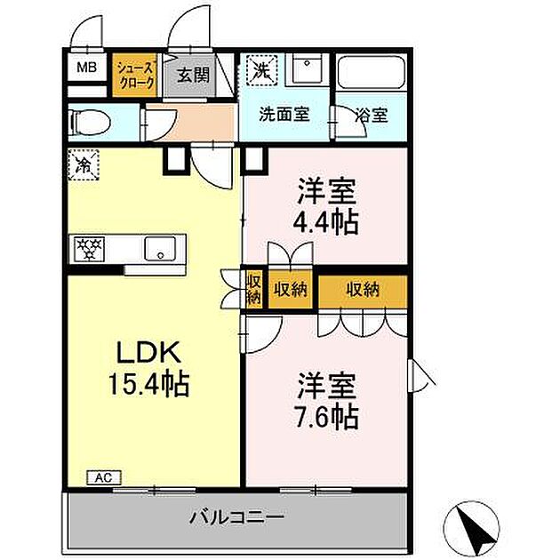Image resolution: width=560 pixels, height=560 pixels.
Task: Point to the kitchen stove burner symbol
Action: (89, 247)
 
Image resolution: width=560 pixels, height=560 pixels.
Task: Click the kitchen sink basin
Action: (160, 248)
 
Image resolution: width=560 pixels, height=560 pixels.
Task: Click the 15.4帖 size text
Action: (150, 384)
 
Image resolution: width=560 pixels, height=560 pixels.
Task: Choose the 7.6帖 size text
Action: (327, 416)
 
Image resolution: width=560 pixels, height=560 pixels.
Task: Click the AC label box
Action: (102, 477)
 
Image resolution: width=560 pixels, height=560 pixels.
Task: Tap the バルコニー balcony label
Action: (236, 515)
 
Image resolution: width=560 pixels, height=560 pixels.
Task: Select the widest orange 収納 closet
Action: (363, 289)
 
